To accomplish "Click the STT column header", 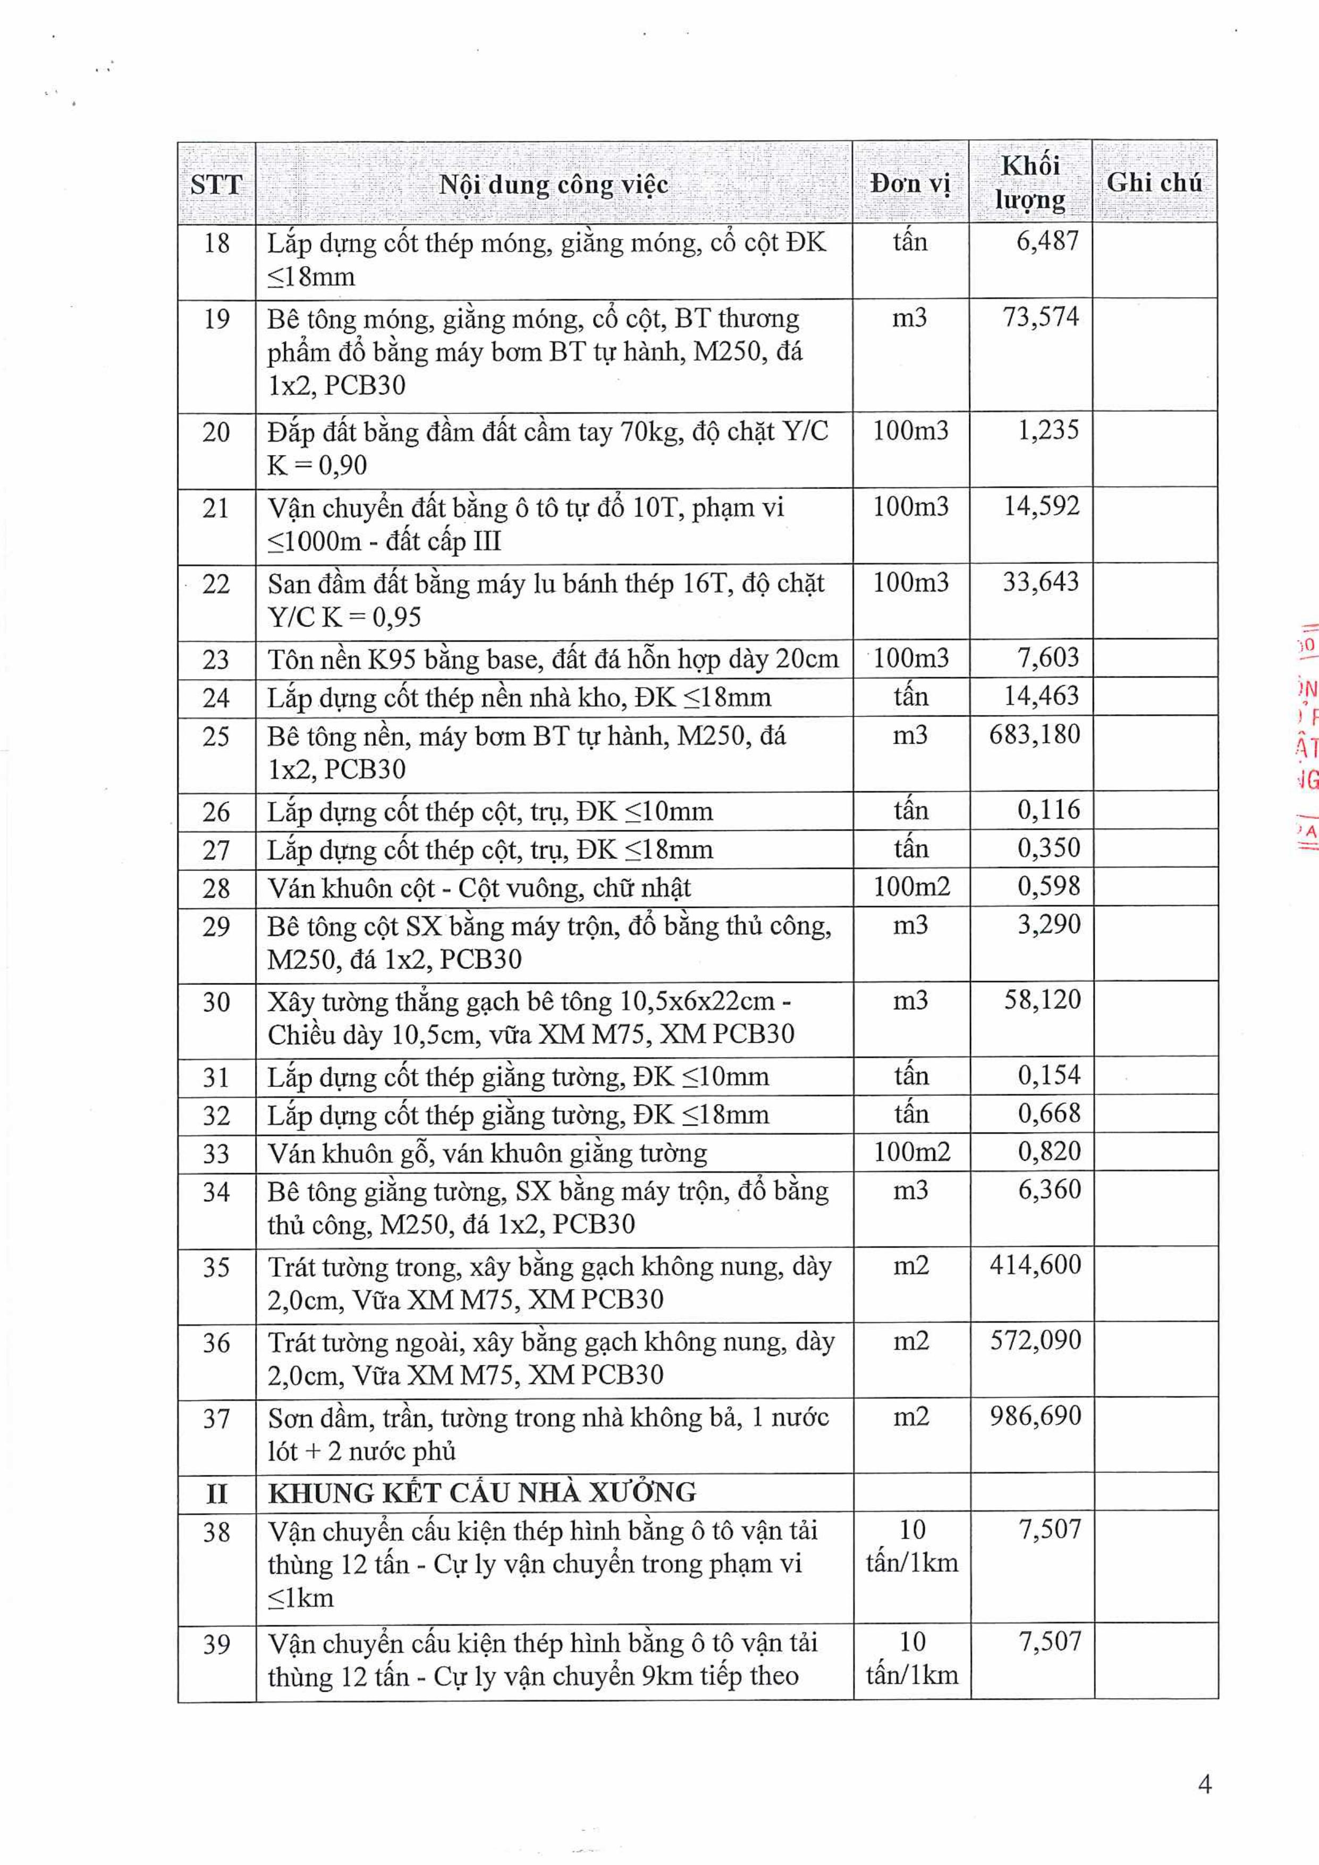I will tap(216, 184).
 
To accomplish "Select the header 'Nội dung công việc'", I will tap(553, 184).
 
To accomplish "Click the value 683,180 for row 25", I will tap(1034, 735).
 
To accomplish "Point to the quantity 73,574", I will tap(1041, 317).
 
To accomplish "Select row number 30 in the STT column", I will tap(216, 1001).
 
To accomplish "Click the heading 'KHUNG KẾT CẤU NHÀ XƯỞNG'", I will tap(483, 1492).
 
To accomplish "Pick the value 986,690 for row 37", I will tap(1035, 1416).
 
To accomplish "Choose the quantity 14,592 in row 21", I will tap(1041, 506).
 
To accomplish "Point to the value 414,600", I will tap(1035, 1265).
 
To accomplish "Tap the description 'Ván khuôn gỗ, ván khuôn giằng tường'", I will tap(487, 1153).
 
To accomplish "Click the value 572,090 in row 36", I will tap(1035, 1340).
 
